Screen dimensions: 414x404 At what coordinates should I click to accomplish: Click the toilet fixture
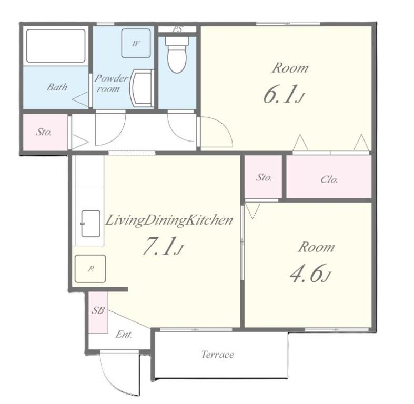[x=177, y=54]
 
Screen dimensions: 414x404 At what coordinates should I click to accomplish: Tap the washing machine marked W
[x=136, y=43]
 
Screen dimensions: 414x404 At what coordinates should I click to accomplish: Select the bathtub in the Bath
[x=56, y=46]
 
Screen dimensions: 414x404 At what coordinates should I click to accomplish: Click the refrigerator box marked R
[x=90, y=268]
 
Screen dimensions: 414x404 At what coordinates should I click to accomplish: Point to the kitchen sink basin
[x=90, y=224]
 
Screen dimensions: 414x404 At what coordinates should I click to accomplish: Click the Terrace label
[x=218, y=355]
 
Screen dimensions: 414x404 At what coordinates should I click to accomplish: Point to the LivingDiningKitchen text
[x=169, y=221]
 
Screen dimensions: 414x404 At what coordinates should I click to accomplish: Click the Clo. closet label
[x=329, y=179]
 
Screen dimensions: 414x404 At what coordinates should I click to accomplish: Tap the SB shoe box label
[x=98, y=310]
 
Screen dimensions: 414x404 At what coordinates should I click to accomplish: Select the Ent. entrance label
[x=124, y=335]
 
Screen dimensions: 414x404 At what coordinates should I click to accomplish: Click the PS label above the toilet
[x=178, y=29]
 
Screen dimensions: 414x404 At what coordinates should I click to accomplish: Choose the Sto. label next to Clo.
[x=264, y=177]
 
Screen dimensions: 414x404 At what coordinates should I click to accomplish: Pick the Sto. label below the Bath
[x=44, y=132]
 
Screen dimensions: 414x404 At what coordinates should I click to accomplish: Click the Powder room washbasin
[x=142, y=88]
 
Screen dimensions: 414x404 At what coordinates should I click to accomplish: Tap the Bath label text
[x=57, y=87]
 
